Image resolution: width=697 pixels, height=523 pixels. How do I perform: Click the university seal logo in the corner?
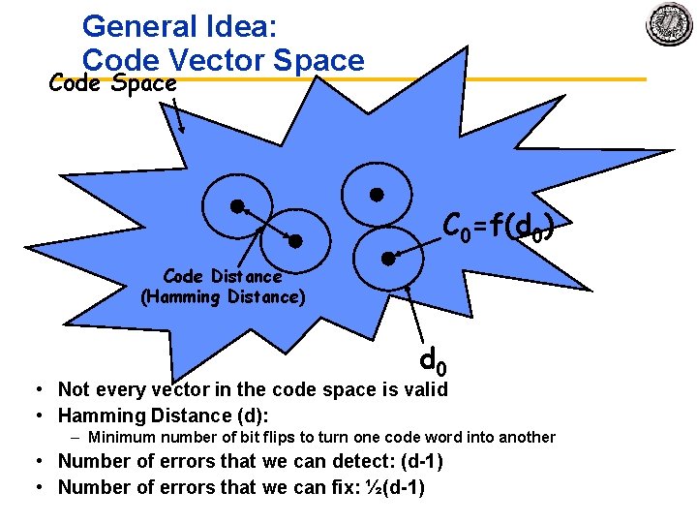669,24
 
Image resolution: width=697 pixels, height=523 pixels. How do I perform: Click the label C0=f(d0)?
498,228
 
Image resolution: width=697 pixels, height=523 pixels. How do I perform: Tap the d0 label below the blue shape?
433,361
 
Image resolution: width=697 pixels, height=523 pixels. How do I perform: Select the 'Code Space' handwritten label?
113,83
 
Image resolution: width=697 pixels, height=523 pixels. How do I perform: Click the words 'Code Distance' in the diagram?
223,277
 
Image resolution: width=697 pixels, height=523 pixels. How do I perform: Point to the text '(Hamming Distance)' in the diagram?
223,297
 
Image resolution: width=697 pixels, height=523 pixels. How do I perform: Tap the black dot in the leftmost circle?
235,205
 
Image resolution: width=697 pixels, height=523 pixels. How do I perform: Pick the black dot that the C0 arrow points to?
386,258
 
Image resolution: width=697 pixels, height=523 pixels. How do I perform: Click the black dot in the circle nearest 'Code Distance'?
297,240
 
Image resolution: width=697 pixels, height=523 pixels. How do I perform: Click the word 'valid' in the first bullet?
427,389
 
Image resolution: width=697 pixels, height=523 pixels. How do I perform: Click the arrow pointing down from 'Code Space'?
178,113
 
